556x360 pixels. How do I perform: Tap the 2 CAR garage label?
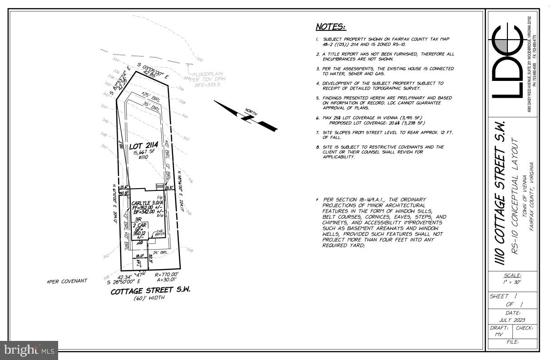tap(138, 225)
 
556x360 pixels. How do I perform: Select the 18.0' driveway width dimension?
tap(140, 256)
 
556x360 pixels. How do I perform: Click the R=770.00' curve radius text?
tap(167, 275)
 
